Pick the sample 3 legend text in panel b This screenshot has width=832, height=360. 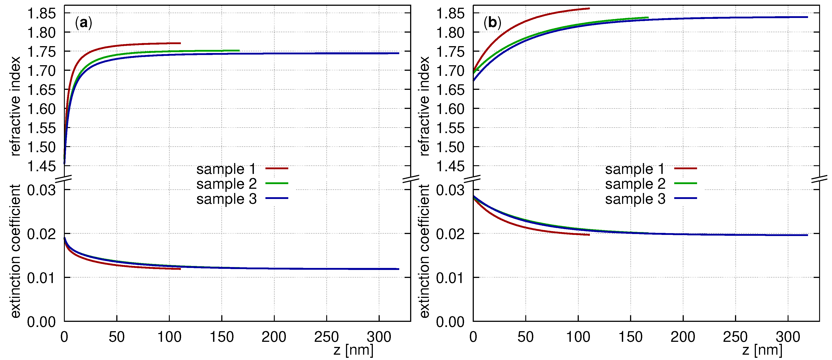pos(635,199)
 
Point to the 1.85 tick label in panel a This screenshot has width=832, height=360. pos(41,14)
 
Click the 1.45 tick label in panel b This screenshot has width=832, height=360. pos(450,167)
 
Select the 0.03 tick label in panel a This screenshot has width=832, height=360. pos(41,191)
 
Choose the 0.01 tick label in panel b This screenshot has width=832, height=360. pos(450,278)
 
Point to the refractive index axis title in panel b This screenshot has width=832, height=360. pos(424,106)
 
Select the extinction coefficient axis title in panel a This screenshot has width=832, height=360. pos(16,251)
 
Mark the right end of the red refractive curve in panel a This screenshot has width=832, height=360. pos(180,43)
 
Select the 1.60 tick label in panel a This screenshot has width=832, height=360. pos(41,109)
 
